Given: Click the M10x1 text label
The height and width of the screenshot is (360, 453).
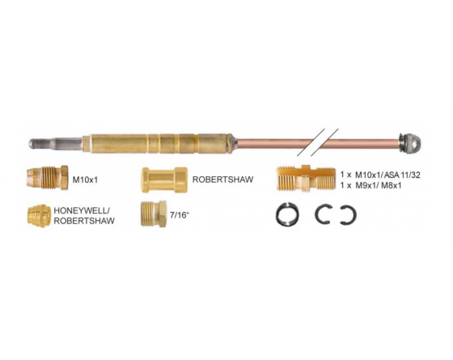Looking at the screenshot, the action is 85,180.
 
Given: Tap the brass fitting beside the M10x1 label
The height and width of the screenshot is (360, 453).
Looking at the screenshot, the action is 48,178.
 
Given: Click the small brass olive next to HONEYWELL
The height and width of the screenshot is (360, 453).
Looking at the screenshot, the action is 37,216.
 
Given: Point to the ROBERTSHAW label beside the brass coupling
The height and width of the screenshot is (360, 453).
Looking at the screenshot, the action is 222,180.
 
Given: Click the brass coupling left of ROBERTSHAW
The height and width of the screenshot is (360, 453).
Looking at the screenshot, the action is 164,180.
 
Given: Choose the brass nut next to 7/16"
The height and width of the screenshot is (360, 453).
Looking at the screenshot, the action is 154,214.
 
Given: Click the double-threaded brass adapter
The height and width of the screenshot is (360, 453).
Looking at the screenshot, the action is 306,178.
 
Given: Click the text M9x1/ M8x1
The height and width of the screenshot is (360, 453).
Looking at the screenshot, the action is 379,185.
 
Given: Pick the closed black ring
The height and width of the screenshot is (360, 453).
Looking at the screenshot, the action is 287,214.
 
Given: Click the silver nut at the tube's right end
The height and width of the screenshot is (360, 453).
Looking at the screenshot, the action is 409,142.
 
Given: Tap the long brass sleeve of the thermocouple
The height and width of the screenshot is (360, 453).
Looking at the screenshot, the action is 159,144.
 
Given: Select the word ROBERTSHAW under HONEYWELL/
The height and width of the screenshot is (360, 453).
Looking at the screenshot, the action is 84,221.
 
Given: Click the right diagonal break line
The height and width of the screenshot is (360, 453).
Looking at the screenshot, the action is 324,142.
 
